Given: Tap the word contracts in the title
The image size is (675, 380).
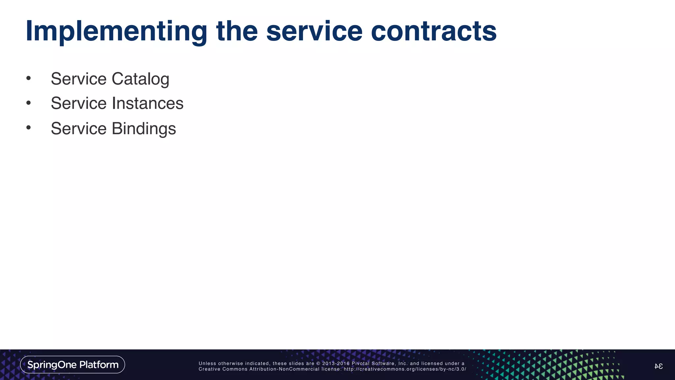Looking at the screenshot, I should (x=433, y=31).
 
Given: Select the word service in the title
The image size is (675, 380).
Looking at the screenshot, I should (x=314, y=31).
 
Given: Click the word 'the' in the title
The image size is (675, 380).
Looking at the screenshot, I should (x=237, y=31).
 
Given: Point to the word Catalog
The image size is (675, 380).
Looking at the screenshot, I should (x=140, y=79).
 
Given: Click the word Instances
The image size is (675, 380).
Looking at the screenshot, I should (x=147, y=103).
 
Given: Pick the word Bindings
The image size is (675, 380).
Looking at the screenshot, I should (x=144, y=129).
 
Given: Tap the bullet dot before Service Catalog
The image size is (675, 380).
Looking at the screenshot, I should (x=29, y=79).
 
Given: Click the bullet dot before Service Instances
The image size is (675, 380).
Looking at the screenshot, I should (x=29, y=103).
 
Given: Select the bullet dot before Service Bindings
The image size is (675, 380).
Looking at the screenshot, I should (x=29, y=128).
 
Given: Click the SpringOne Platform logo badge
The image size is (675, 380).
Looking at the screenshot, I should (x=73, y=364).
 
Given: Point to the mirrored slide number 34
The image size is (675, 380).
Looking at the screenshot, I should (x=658, y=366).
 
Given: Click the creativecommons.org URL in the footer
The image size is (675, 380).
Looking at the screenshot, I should (x=405, y=369).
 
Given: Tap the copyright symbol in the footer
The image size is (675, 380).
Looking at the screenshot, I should (x=318, y=364).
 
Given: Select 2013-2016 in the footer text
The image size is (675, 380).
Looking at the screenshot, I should (x=336, y=364).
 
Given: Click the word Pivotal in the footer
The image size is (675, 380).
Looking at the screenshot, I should (x=360, y=364).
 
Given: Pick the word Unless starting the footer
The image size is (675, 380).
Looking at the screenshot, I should (x=207, y=364).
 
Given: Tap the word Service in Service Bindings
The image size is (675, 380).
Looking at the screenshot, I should (x=78, y=129).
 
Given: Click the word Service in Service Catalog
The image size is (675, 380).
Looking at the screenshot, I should (x=78, y=79).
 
